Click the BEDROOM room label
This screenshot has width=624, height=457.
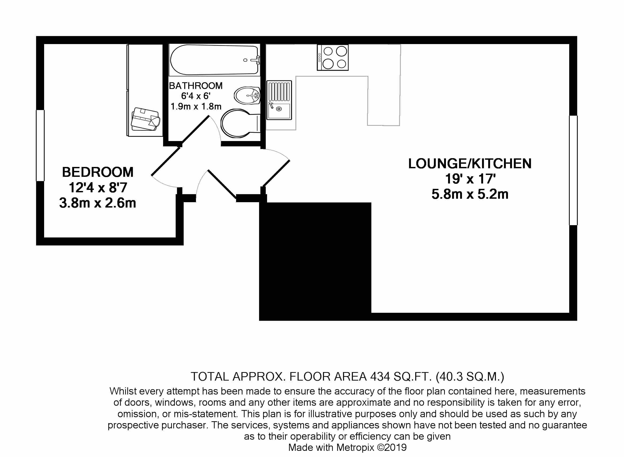pos(97,172)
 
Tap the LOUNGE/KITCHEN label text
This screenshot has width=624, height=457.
pos(469,164)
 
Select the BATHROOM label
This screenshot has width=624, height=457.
pos(195,86)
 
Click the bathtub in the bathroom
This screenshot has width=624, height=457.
pos(215,60)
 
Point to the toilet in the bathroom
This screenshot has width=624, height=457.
pos(238,123)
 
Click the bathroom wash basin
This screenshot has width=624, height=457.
pos(247,96)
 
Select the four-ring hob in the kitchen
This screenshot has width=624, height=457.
pos(333,57)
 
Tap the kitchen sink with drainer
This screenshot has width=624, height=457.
pos(279,100)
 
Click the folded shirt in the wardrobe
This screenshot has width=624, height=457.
pos(145,119)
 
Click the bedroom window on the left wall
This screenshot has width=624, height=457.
pos(40,146)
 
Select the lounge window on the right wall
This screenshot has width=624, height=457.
pos(573,170)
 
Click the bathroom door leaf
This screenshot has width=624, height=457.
pos(195,130)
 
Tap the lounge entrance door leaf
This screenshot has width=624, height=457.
pos(276,173)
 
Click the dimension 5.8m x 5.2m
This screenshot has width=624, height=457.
pos(469,194)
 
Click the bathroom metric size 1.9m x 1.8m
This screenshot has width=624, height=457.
pos(196,107)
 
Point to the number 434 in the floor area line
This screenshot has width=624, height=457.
pos(380,377)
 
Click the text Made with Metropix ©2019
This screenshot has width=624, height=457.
pos(347,447)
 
